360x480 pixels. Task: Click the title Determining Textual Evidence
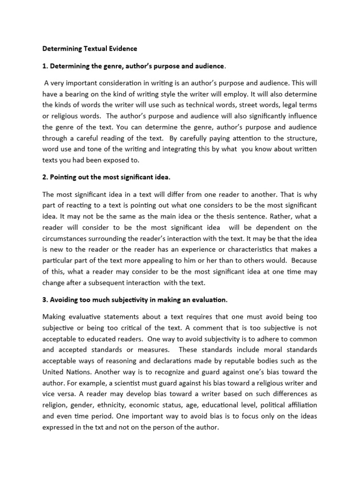click(90, 48)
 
